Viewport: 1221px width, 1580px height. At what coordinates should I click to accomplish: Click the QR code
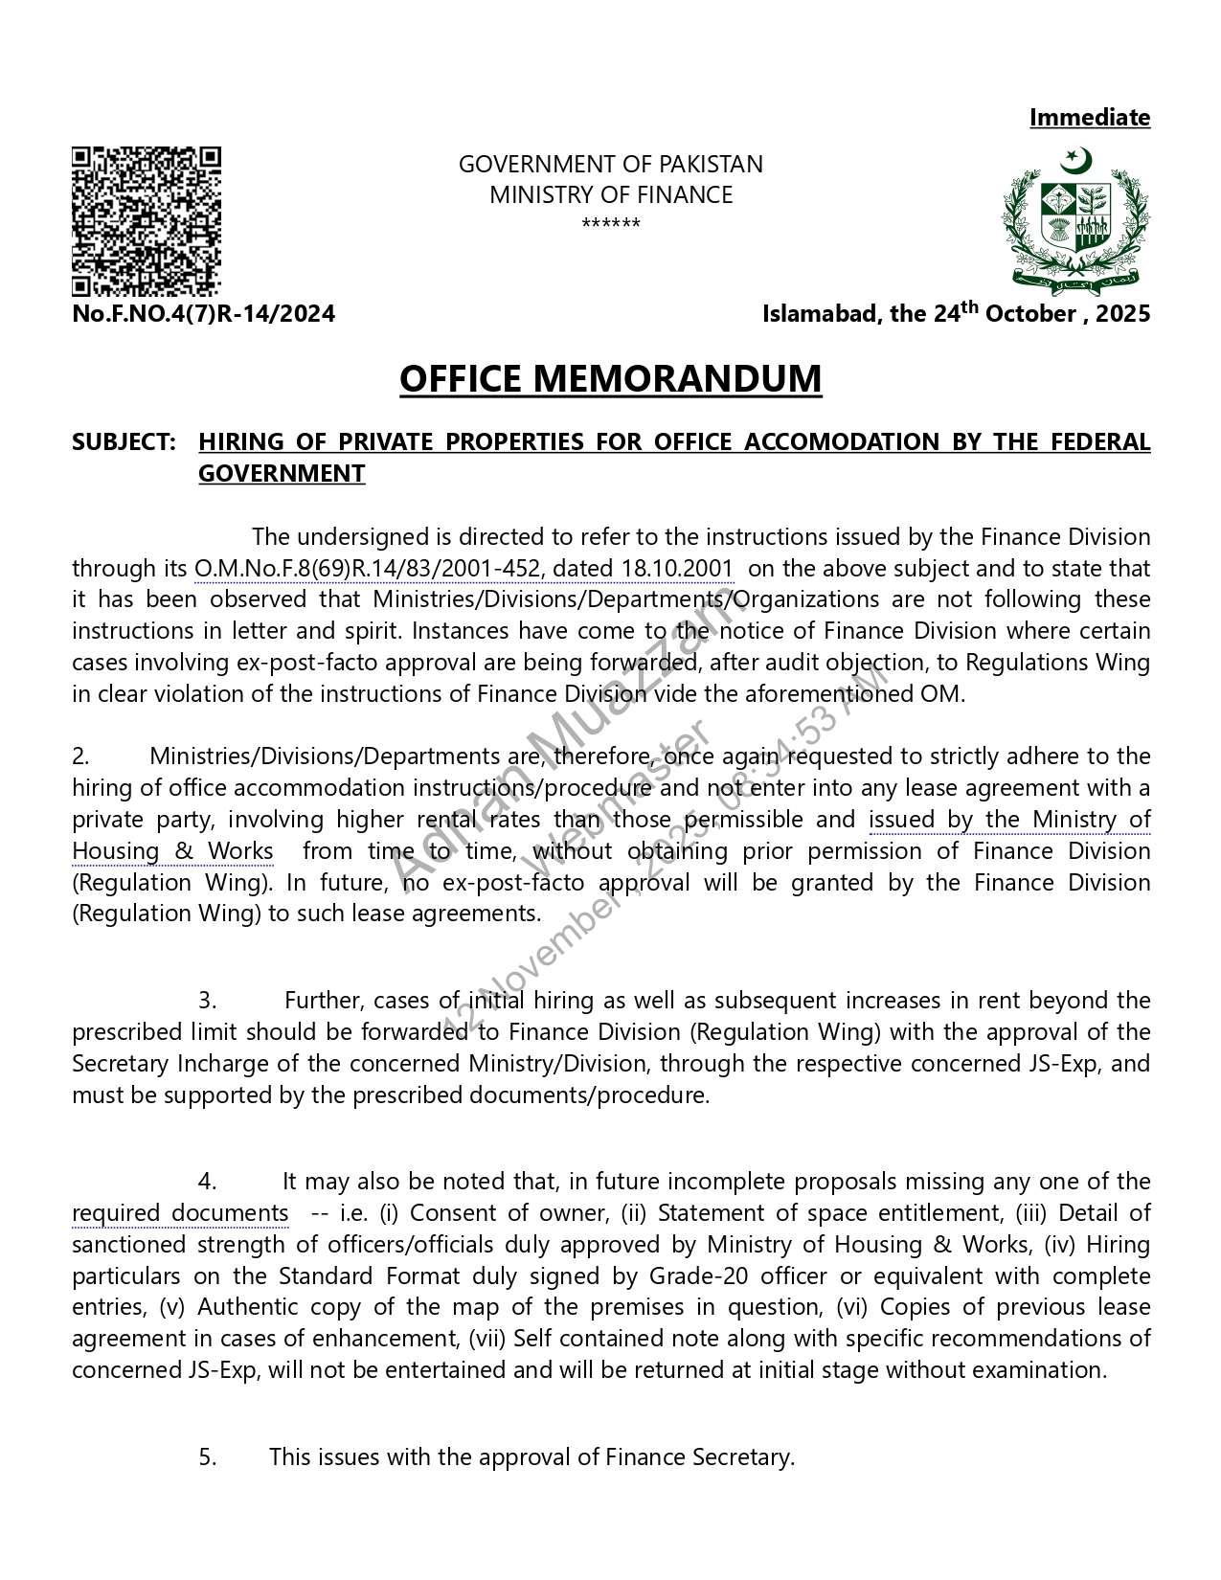(x=147, y=220)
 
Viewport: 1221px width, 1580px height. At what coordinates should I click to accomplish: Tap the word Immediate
(x=1089, y=118)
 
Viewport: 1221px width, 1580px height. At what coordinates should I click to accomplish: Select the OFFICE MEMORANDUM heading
(x=610, y=379)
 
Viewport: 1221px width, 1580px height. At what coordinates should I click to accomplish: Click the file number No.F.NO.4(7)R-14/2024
(x=204, y=314)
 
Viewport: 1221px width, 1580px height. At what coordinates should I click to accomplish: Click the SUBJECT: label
(x=124, y=442)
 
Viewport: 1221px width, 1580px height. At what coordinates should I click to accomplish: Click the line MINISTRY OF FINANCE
(x=610, y=195)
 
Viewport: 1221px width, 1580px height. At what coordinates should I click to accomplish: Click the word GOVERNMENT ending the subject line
(x=282, y=474)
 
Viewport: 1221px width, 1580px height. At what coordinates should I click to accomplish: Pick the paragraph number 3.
(x=208, y=1002)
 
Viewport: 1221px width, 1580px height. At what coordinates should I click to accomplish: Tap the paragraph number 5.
(x=208, y=1457)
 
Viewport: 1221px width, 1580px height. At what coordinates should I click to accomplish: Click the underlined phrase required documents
(x=180, y=1213)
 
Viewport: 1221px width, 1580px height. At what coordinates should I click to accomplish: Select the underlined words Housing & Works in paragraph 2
(x=172, y=851)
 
